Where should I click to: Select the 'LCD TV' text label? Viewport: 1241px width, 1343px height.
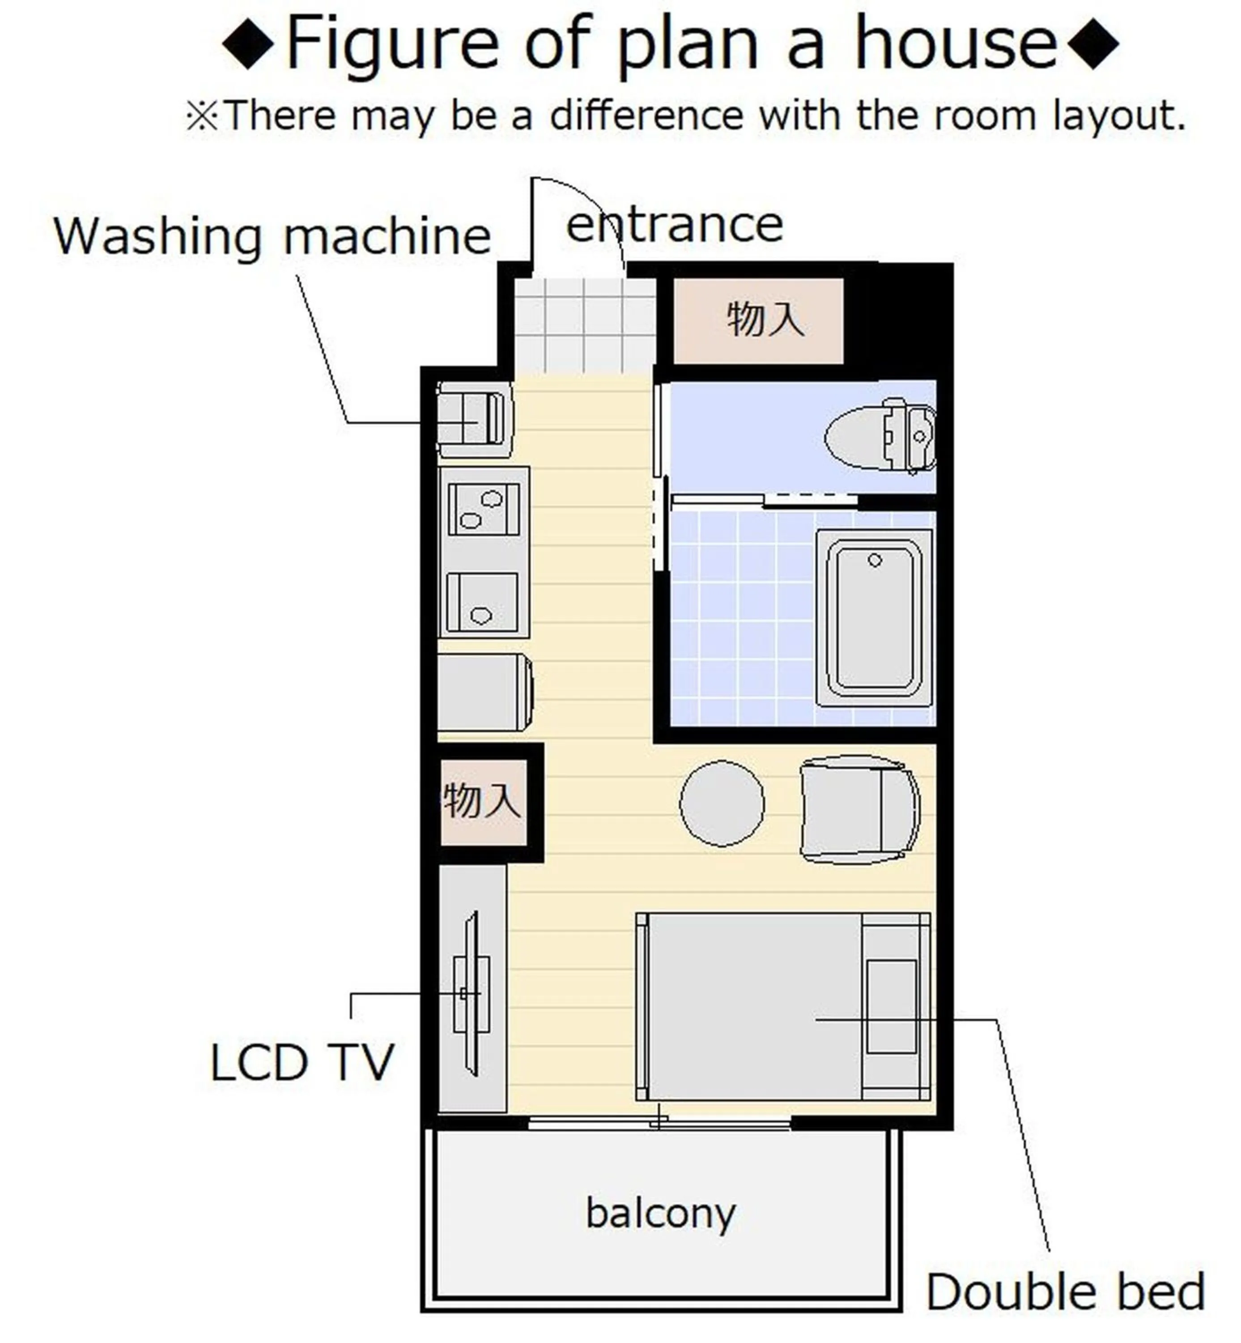click(302, 1062)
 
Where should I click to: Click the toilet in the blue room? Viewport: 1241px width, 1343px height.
click(880, 435)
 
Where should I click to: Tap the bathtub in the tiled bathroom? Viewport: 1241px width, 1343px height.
click(874, 617)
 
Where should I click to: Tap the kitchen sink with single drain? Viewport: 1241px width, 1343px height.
click(482, 602)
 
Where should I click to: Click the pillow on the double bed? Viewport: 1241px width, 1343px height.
click(891, 1006)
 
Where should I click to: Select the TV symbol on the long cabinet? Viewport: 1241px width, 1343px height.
click(472, 993)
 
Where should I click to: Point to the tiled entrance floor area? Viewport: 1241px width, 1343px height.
click(584, 326)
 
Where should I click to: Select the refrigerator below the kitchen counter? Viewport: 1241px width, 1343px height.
click(484, 693)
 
